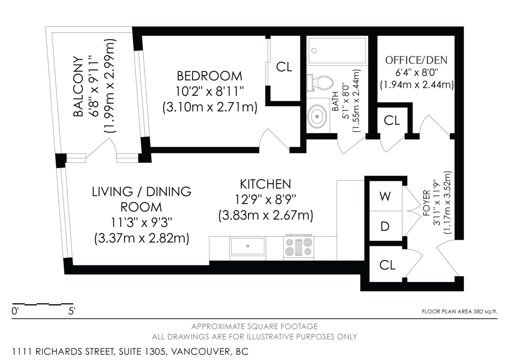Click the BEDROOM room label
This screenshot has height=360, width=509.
pos(210,76)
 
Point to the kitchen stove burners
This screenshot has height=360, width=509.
pos(298,247)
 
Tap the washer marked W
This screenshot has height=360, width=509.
pos(385,196)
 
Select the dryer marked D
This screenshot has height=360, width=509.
pos(385,226)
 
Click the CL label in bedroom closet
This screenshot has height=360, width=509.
pos(284,67)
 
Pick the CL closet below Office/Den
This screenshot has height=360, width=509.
pos(392,121)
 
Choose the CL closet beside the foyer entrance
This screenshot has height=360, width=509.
pos(387,265)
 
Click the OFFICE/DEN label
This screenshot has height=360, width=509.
pos(416,60)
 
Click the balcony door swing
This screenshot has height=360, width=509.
pos(101,150)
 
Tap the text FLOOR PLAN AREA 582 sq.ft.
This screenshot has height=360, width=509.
pos(459,312)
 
